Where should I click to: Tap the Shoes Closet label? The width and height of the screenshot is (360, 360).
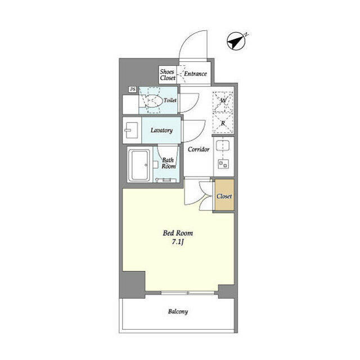point(168,75)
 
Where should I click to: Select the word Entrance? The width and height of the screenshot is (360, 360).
point(195,74)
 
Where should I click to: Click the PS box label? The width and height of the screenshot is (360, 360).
point(133,89)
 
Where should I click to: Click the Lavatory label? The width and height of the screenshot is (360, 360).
point(161,130)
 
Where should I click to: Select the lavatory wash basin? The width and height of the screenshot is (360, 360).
point(131,130)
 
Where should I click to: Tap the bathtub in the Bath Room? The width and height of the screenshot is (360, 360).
point(139,165)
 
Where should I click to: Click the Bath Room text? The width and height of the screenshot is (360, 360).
point(168,163)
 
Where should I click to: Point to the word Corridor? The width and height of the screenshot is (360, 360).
point(199,149)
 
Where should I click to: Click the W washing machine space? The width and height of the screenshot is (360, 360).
point(223,101)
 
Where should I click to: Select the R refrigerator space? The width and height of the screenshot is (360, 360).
point(223,123)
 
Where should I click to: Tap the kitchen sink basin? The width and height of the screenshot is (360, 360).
point(223,145)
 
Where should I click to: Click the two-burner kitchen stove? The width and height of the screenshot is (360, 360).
point(223,164)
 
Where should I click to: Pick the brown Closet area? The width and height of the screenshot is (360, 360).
point(224,195)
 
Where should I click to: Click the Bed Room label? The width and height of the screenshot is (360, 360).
point(178,233)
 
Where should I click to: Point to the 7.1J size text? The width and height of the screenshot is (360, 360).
point(178,242)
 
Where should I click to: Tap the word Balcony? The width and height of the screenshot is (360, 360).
point(178,312)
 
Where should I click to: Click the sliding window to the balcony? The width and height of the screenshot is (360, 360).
point(187,293)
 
